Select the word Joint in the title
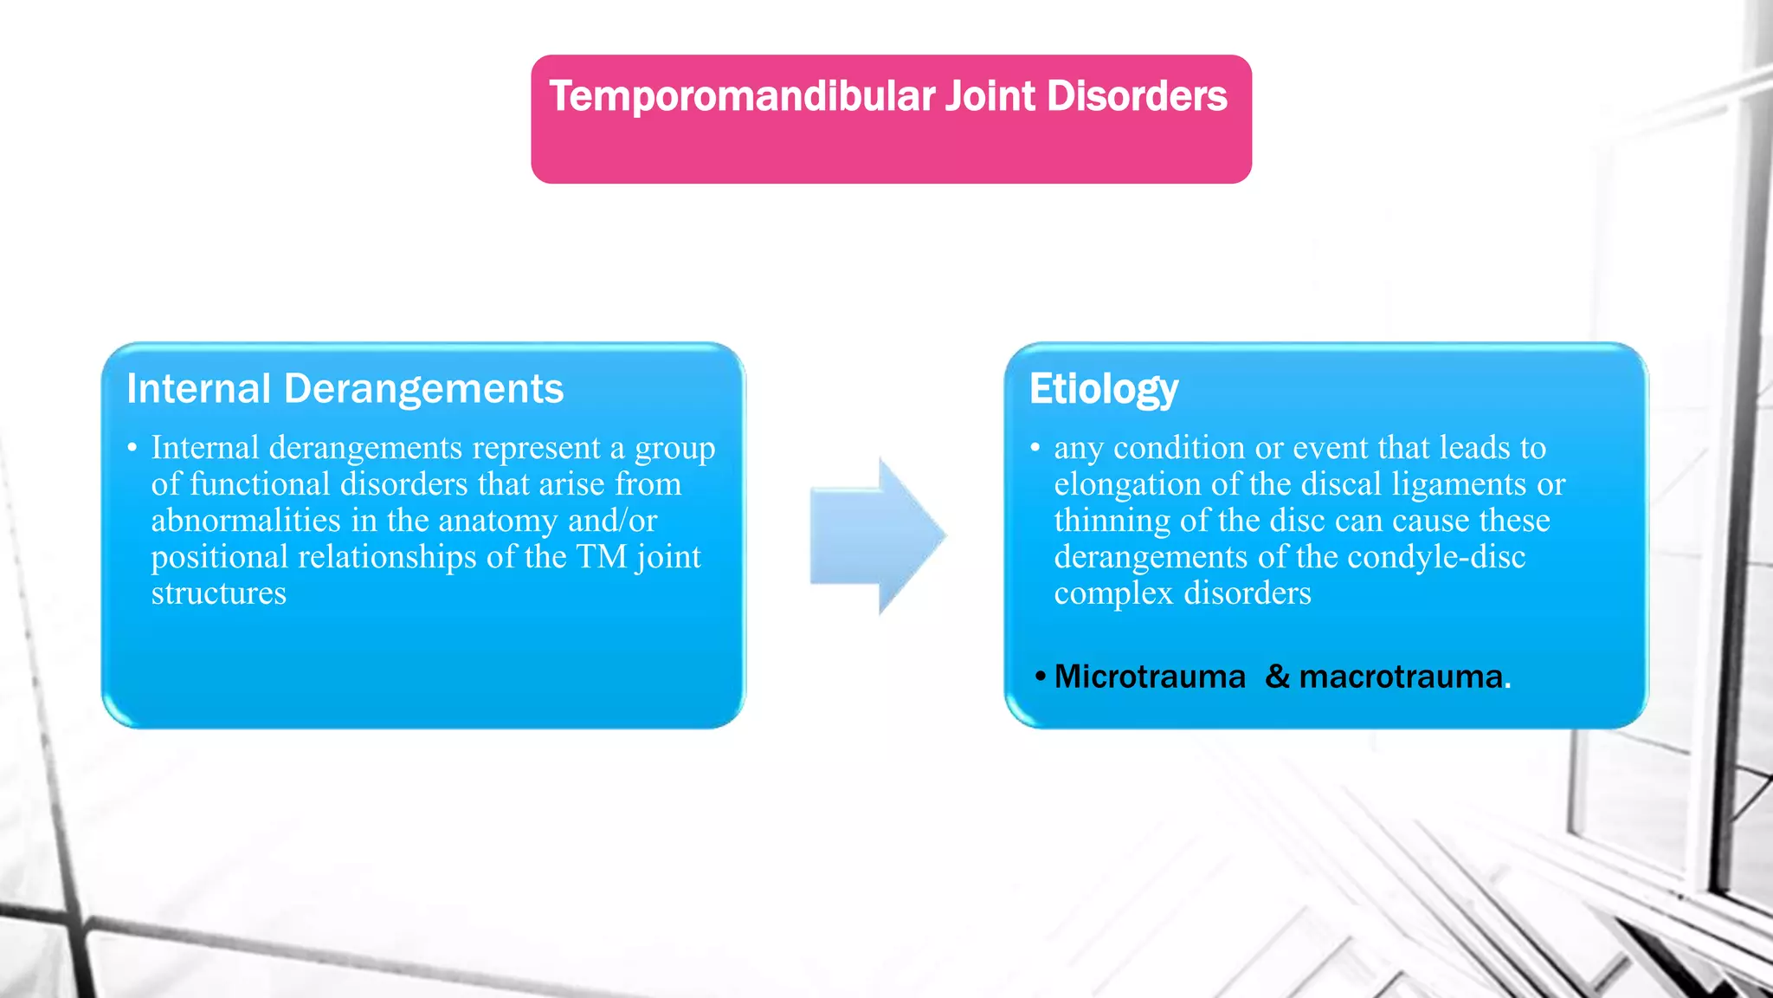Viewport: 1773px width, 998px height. (x=990, y=97)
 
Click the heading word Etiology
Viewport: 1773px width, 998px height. (x=1104, y=389)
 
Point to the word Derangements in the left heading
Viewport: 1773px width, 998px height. (x=423, y=389)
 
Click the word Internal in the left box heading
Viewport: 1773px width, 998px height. (x=199, y=389)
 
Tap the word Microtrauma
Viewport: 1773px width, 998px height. (x=1150, y=677)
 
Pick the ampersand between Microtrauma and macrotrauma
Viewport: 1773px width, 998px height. (x=1277, y=677)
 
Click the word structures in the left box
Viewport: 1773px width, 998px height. (x=218, y=593)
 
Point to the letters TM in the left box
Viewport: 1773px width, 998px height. (x=601, y=557)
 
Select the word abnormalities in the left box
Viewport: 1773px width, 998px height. (x=246, y=521)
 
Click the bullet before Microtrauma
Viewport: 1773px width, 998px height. (x=1041, y=677)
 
